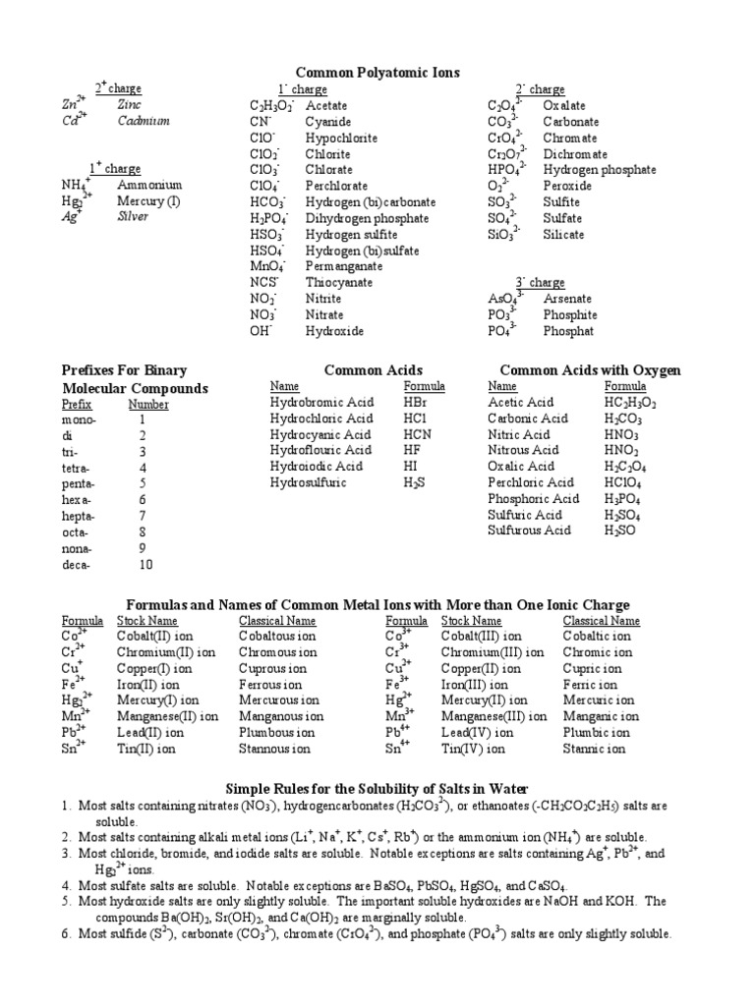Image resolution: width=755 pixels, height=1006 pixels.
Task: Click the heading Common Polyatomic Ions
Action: tap(377, 73)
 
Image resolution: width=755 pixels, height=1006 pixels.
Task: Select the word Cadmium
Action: tap(144, 121)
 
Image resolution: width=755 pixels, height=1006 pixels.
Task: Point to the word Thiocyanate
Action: tap(339, 282)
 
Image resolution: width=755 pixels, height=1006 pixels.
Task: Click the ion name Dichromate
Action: tap(575, 154)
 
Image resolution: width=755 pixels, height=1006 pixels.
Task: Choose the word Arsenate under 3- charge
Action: tap(567, 299)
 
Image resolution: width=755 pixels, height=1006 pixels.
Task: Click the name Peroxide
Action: tap(567, 186)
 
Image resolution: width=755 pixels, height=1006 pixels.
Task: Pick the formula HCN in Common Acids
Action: tap(417, 434)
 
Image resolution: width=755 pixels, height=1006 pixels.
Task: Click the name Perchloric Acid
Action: tap(531, 482)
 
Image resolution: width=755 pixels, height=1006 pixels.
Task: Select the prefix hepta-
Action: tap(78, 516)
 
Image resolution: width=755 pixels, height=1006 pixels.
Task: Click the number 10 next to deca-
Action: tap(146, 565)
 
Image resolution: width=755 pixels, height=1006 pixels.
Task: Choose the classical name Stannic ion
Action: tap(594, 749)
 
